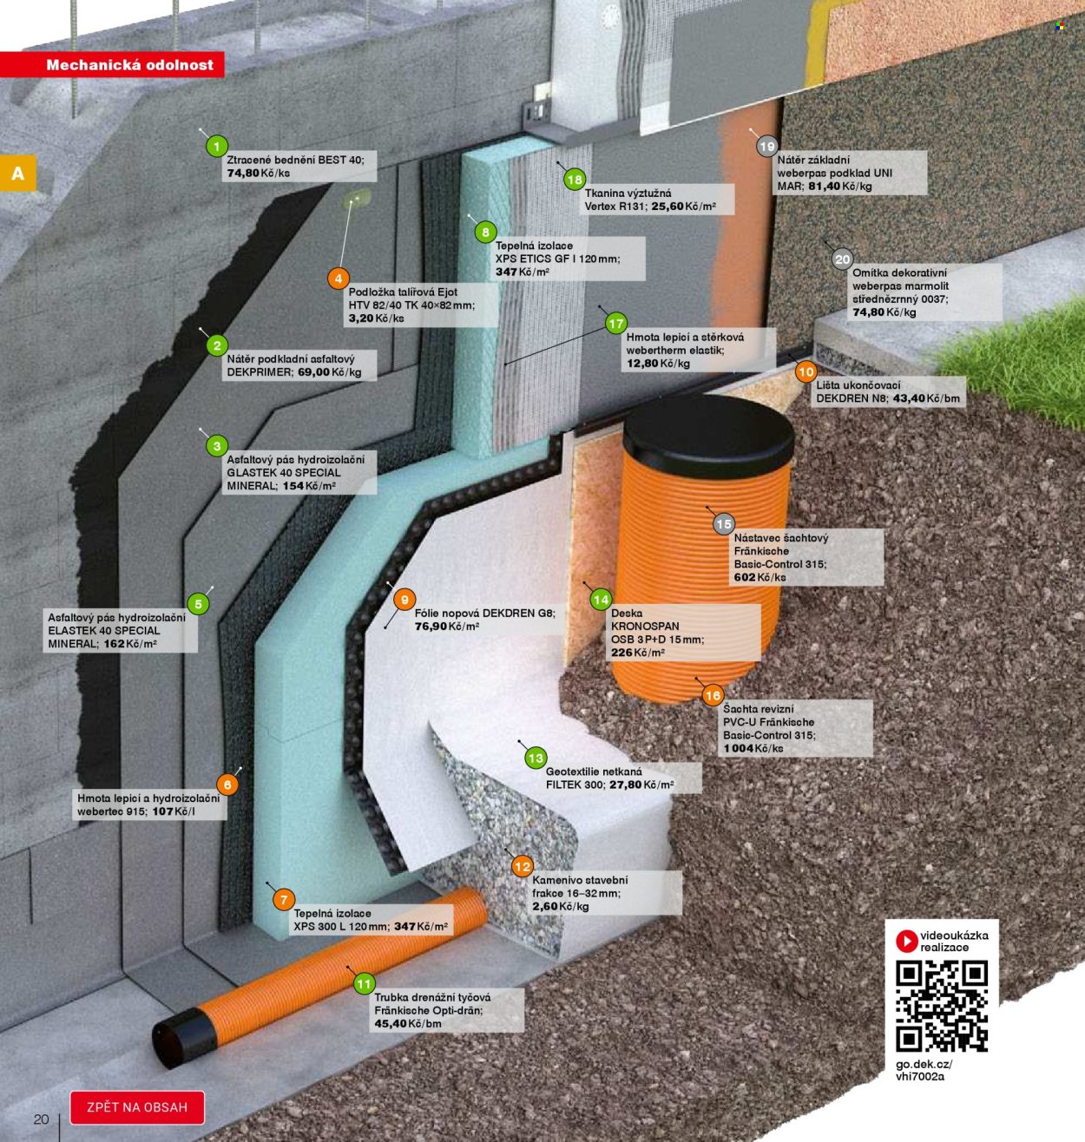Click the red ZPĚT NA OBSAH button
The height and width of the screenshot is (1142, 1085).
click(137, 1107)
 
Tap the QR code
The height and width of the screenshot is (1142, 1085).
click(942, 1006)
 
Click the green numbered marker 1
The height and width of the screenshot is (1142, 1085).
click(217, 147)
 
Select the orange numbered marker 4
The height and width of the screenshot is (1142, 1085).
click(339, 279)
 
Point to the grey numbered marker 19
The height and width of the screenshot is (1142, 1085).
click(767, 147)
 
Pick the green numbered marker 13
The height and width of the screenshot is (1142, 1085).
click(536, 758)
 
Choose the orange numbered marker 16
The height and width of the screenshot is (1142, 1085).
click(713, 695)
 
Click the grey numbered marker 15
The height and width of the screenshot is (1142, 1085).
click(724, 524)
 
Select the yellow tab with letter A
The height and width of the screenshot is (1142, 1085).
click(17, 173)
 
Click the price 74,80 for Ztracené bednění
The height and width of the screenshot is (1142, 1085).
click(243, 173)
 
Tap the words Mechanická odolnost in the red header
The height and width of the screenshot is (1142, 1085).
click(130, 64)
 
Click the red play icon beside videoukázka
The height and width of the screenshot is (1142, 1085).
click(906, 941)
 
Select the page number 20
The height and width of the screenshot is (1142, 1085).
click(42, 1119)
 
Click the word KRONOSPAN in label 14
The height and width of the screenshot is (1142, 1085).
click(645, 627)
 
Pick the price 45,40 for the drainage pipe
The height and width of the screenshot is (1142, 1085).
click(390, 1023)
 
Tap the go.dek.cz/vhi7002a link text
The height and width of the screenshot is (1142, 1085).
click(924, 1070)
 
